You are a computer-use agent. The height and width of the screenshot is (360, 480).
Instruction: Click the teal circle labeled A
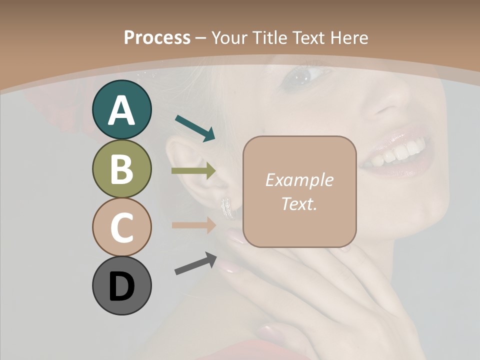(x=121, y=110)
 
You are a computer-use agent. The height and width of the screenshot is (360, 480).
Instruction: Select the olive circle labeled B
(x=121, y=168)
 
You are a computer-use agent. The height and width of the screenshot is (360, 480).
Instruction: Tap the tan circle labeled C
(x=121, y=227)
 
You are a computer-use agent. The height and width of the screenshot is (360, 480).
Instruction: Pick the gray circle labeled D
(x=121, y=285)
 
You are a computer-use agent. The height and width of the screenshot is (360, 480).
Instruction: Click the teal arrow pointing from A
(x=195, y=127)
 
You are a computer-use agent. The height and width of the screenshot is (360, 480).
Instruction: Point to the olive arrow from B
(x=193, y=171)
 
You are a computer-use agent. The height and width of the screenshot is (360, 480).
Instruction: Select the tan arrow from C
(x=193, y=225)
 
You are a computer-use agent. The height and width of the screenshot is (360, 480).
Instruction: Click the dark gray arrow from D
(x=195, y=263)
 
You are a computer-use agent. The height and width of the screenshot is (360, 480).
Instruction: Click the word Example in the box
(x=299, y=180)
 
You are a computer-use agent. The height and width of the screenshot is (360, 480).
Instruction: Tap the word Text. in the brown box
(x=299, y=203)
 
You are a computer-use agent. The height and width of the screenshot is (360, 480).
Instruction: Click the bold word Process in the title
(x=157, y=37)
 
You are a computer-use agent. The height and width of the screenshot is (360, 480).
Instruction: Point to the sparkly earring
(x=227, y=208)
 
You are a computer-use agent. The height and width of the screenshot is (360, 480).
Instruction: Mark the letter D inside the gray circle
(x=121, y=286)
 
